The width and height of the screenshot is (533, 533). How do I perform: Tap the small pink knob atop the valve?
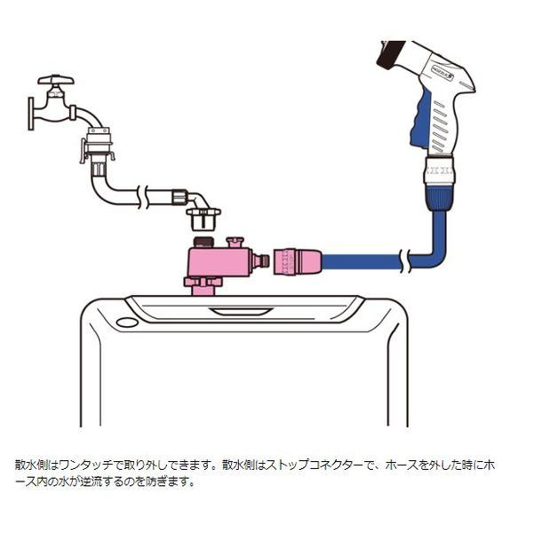tap(236, 242)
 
